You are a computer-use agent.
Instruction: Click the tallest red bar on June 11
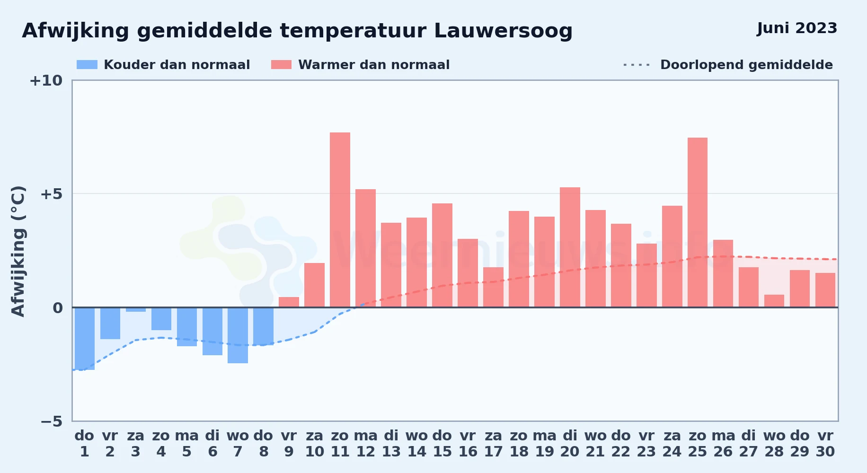coord(340,220)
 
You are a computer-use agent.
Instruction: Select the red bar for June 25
coord(698,222)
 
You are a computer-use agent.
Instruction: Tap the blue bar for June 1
coord(85,339)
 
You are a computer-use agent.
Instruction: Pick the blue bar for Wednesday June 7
coord(238,335)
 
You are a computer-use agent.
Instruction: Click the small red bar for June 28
coord(774,301)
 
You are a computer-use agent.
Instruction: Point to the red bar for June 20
coord(570,247)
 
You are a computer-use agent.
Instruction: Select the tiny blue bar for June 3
coord(136,310)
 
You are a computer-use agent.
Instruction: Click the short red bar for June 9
coord(289,302)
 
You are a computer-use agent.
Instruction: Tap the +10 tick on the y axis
coord(46,81)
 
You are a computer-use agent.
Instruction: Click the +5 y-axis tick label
coord(51,194)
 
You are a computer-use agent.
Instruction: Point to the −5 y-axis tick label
coord(51,421)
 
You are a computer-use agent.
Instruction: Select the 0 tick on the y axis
coord(58,308)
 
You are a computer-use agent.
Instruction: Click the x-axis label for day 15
coord(442,444)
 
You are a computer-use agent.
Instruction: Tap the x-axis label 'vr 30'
coord(825,444)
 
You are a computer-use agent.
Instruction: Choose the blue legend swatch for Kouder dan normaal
coord(87,65)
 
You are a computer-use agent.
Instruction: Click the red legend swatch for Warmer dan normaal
coord(282,65)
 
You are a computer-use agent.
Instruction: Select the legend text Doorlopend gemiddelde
coord(746,65)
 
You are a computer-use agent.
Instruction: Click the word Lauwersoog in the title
coord(503,31)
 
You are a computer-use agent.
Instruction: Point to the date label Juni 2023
coord(797,28)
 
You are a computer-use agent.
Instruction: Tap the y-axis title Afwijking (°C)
coord(18,251)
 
